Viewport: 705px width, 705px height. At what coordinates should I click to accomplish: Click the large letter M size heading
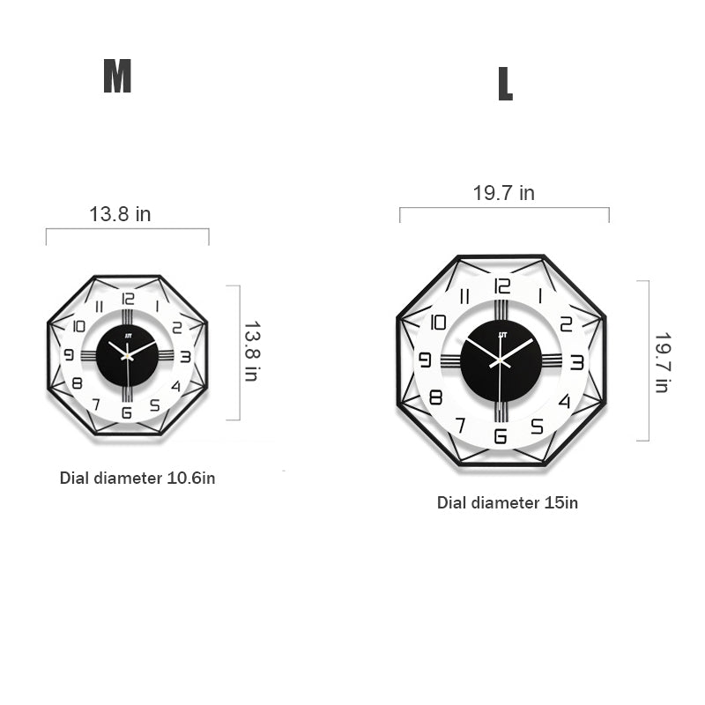pyautogui.click(x=117, y=76)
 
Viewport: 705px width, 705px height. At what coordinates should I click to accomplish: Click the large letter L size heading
pyautogui.click(x=505, y=84)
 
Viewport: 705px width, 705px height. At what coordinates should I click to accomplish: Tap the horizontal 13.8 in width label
pyautogui.click(x=120, y=214)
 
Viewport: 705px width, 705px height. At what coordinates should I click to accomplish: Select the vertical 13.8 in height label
pyautogui.click(x=252, y=351)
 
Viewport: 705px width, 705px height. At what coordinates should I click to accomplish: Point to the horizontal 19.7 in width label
pyautogui.click(x=503, y=193)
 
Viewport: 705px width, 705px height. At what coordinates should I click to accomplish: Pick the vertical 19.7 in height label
pyautogui.click(x=663, y=363)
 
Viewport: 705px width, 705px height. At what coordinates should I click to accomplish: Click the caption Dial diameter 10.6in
pyautogui.click(x=137, y=478)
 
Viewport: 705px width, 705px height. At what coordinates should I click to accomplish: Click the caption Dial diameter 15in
pyautogui.click(x=508, y=502)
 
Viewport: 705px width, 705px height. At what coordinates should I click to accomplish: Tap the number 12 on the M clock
pyautogui.click(x=128, y=299)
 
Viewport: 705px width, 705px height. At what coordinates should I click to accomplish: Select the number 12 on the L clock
pyautogui.click(x=501, y=286)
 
